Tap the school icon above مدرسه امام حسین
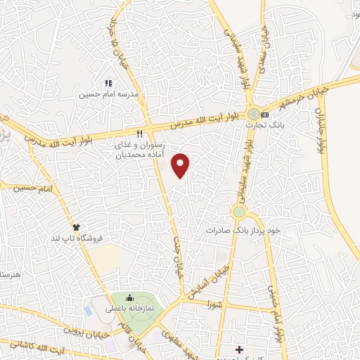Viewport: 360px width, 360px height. tap(108, 84)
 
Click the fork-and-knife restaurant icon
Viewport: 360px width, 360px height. tap(140, 132)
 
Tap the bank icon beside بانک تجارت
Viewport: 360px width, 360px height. tap(264, 115)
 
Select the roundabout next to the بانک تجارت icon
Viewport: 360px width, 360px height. tap(252, 114)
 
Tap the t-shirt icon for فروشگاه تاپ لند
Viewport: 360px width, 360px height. tap(76, 227)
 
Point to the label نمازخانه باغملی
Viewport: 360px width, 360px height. tap(134, 309)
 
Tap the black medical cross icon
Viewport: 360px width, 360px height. tap(240, 349)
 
